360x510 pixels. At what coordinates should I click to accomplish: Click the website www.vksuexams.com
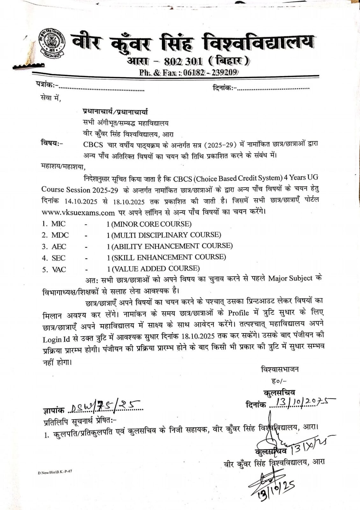pos(78,212)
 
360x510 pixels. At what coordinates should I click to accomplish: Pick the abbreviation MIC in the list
pos(58,224)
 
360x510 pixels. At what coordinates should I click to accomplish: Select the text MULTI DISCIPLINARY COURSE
pos(166,235)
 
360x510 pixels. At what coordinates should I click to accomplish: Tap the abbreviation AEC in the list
pos(59,246)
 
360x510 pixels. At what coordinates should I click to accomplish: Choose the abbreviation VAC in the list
pos(59,270)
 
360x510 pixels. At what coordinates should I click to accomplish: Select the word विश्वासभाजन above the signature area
pos(280,369)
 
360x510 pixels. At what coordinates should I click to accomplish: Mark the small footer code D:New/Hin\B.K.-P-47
pos(55,472)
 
